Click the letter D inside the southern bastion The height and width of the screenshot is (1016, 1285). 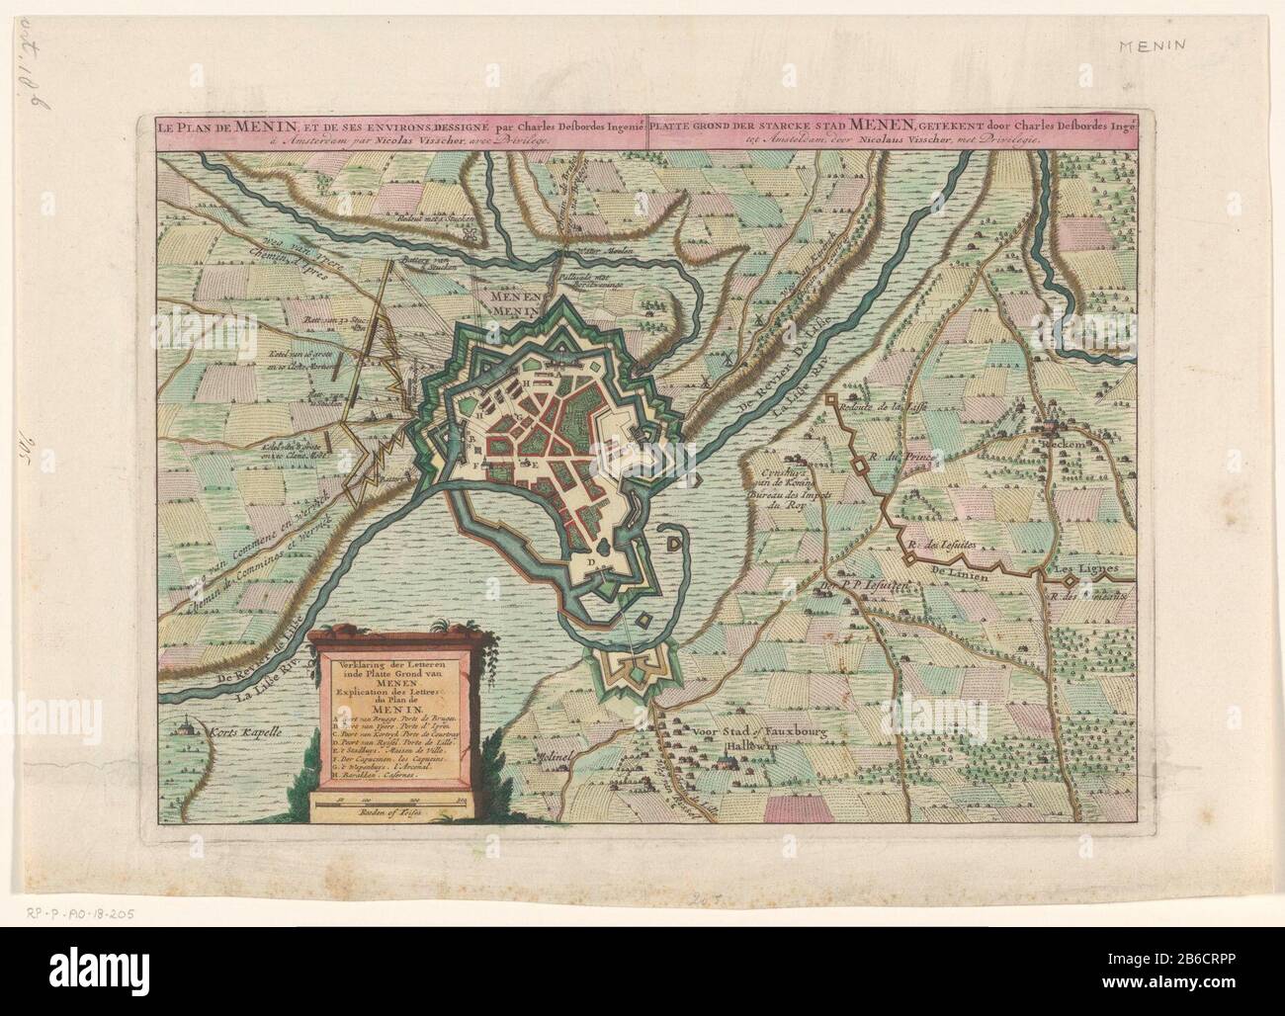coord(591,561)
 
